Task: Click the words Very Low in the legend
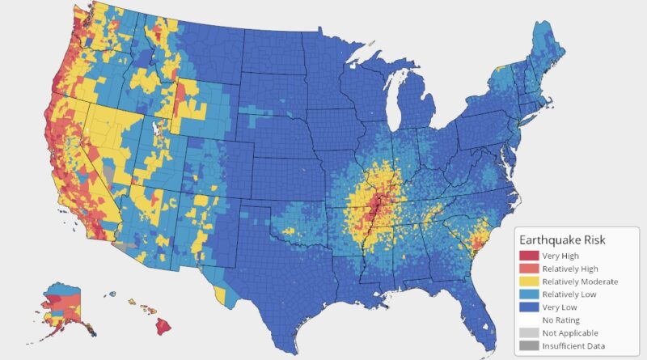pyautogui.click(x=561, y=307)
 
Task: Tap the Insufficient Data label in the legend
pyautogui.click(x=576, y=346)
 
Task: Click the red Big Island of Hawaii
pyautogui.click(x=163, y=325)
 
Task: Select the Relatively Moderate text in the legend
pyautogui.click(x=580, y=282)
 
